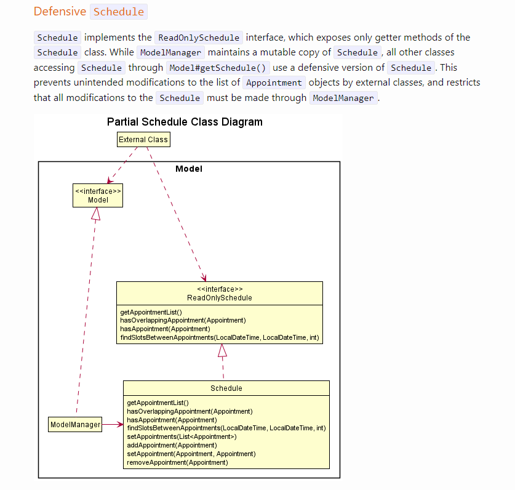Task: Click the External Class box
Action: pyautogui.click(x=143, y=140)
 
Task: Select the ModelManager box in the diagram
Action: pyautogui.click(x=75, y=425)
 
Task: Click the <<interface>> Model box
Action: pyautogui.click(x=98, y=195)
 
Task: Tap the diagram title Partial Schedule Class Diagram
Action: pyautogui.click(x=185, y=122)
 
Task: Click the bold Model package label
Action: pyautogui.click(x=188, y=169)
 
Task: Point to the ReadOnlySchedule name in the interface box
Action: pyautogui.click(x=219, y=298)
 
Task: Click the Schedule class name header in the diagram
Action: pyautogui.click(x=226, y=388)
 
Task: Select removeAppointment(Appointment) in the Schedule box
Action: pyautogui.click(x=177, y=462)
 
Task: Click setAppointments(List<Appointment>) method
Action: pyautogui.click(x=182, y=436)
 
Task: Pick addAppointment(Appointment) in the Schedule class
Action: pyautogui.click(x=172, y=445)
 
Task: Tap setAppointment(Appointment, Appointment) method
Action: pyautogui.click(x=191, y=454)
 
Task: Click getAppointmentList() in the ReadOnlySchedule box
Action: pyautogui.click(x=151, y=312)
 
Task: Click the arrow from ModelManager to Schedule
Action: pyautogui.click(x=113, y=424)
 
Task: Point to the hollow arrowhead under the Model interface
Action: pyautogui.click(x=95, y=214)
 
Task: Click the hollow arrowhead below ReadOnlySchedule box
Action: pyautogui.click(x=222, y=350)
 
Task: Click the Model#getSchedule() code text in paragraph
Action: pyautogui.click(x=208, y=68)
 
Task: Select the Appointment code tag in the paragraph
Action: pyautogui.click(x=274, y=82)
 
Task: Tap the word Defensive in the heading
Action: pyautogui.click(x=60, y=12)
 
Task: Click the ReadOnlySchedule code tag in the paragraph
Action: pyautogui.click(x=199, y=38)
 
